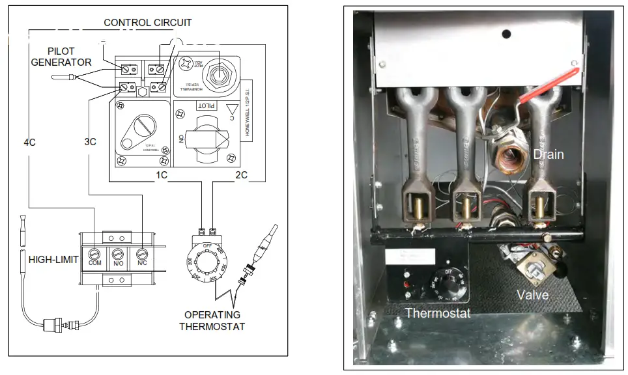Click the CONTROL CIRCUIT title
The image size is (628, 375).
[x=148, y=23]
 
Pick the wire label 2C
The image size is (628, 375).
[x=242, y=175]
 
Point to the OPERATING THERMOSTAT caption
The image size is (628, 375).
[x=212, y=320]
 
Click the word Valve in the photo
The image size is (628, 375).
[x=532, y=295]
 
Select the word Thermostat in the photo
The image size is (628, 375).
[x=437, y=313]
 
